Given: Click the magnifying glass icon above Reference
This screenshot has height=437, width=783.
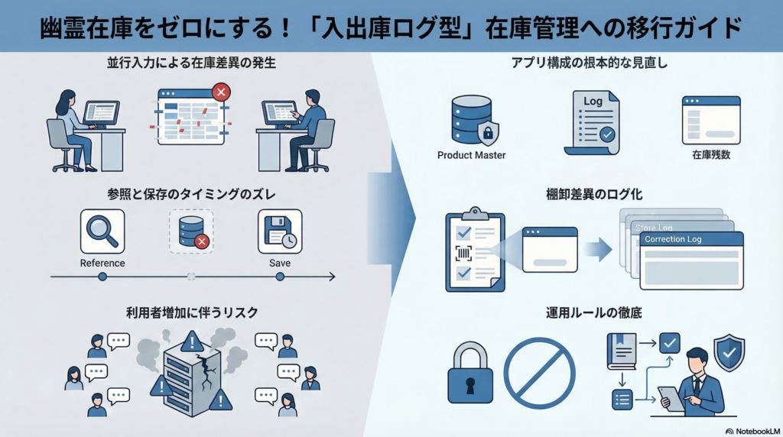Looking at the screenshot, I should coord(102,231).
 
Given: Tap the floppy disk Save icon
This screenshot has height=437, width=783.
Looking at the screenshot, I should coord(279,231).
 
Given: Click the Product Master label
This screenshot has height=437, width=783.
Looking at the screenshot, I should coord(471,155).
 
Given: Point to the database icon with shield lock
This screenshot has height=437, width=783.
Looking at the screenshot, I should coord(471,119).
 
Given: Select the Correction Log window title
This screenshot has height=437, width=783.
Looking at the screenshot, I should coord(673,239).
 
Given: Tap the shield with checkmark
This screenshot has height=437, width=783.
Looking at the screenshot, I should coord(728,352).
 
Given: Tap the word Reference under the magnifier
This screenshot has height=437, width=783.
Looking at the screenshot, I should coord(102,264).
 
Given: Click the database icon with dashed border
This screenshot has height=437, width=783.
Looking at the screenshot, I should coord(191,231).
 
